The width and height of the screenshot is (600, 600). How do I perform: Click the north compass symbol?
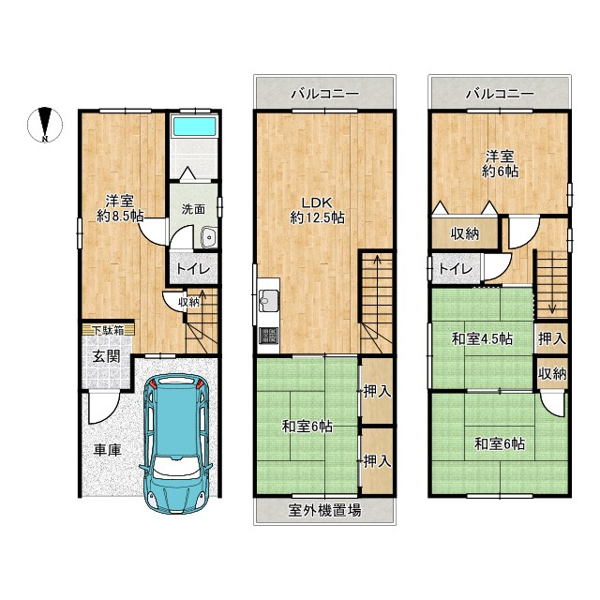45,125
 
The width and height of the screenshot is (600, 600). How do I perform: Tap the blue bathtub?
194,127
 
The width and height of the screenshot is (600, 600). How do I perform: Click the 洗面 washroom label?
193,209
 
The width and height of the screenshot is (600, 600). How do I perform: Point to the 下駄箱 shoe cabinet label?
109,330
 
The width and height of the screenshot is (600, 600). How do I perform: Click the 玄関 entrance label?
107,356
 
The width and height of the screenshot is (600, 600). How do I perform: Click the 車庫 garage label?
108,450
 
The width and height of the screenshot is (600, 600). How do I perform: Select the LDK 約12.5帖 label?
317,210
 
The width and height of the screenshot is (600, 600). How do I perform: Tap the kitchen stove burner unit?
268,336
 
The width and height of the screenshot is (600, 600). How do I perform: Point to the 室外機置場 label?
324,510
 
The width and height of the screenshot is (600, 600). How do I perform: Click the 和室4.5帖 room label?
482,339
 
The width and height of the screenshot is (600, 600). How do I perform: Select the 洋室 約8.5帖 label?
120,208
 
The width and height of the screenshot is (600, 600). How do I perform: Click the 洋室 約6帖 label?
500,164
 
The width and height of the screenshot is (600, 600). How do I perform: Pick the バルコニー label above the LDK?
325,94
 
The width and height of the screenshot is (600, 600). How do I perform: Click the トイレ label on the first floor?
193,269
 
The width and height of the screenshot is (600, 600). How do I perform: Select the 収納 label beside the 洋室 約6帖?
465,233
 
